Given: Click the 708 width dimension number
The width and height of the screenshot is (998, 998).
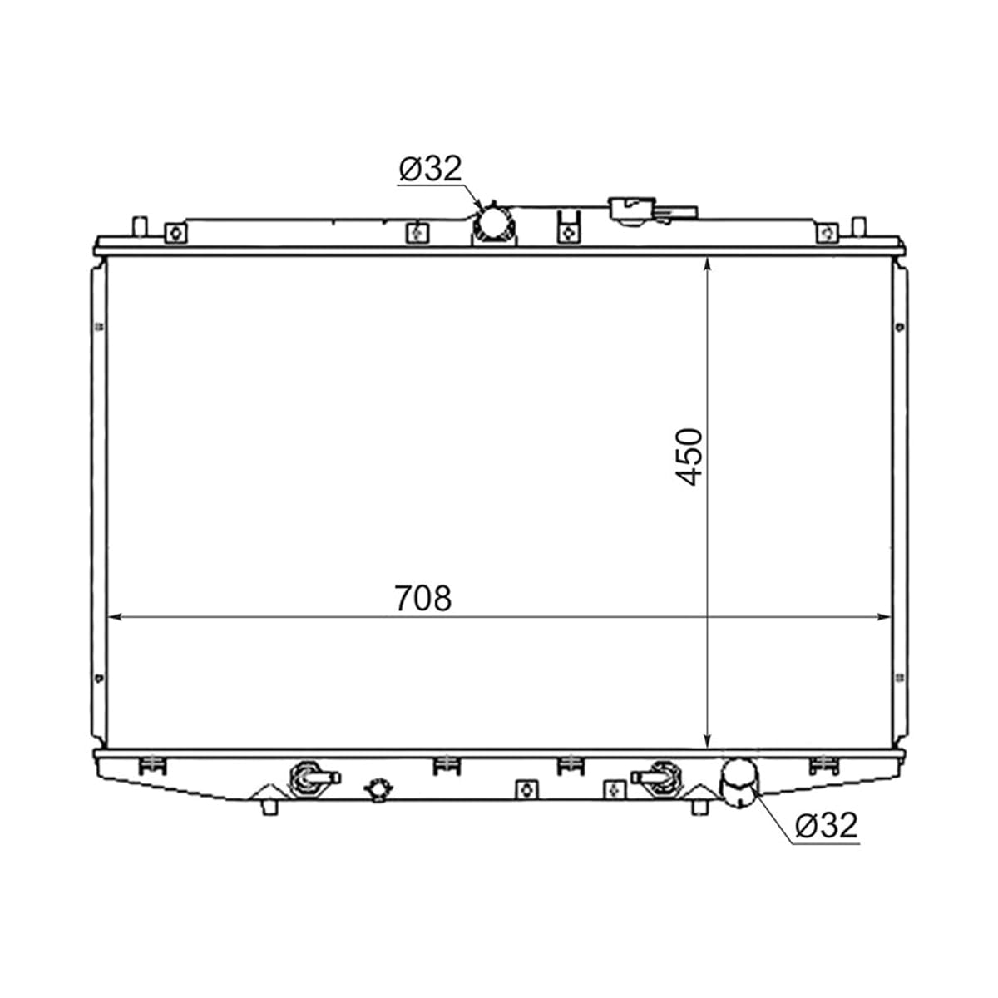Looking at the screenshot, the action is pyautogui.click(x=422, y=598).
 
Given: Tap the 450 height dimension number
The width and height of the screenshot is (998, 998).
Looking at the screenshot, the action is pyautogui.click(x=689, y=456).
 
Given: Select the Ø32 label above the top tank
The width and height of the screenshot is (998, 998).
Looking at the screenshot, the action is pyautogui.click(x=430, y=168).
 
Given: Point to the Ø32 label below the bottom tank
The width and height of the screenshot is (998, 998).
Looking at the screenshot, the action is pyautogui.click(x=827, y=825).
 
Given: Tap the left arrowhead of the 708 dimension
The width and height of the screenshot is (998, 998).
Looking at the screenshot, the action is pyautogui.click(x=113, y=617).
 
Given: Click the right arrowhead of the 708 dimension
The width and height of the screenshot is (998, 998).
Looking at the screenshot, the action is pyautogui.click(x=884, y=617).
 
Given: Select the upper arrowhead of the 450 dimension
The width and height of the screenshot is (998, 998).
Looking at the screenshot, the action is pyautogui.click(x=708, y=264).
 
